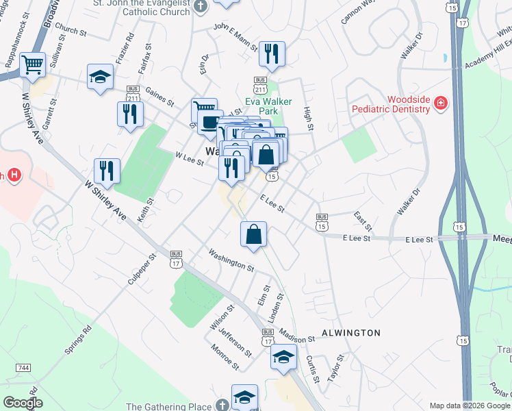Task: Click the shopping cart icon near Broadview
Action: [x=32, y=66]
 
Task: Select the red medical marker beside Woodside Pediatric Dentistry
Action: [x=441, y=103]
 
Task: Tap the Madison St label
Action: [x=296, y=338]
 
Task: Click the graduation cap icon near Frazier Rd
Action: [x=100, y=77]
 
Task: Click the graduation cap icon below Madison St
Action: [x=283, y=357]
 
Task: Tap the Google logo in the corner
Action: [x=23, y=403]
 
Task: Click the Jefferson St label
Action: [x=235, y=338]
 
